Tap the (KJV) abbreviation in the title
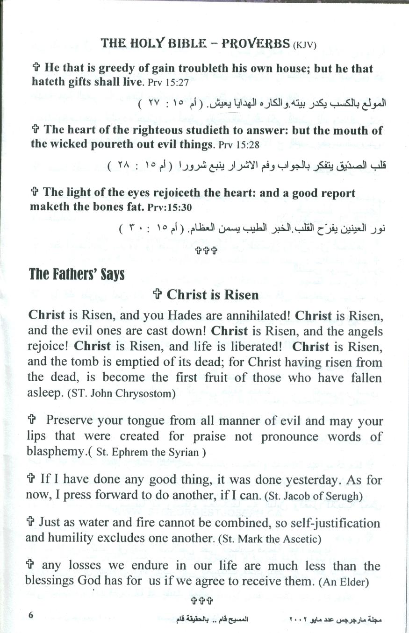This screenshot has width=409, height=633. tap(305, 45)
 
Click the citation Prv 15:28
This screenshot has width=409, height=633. tap(238, 145)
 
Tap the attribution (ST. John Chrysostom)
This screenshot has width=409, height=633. tap(121, 393)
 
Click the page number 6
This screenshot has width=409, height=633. tap(31, 614)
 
